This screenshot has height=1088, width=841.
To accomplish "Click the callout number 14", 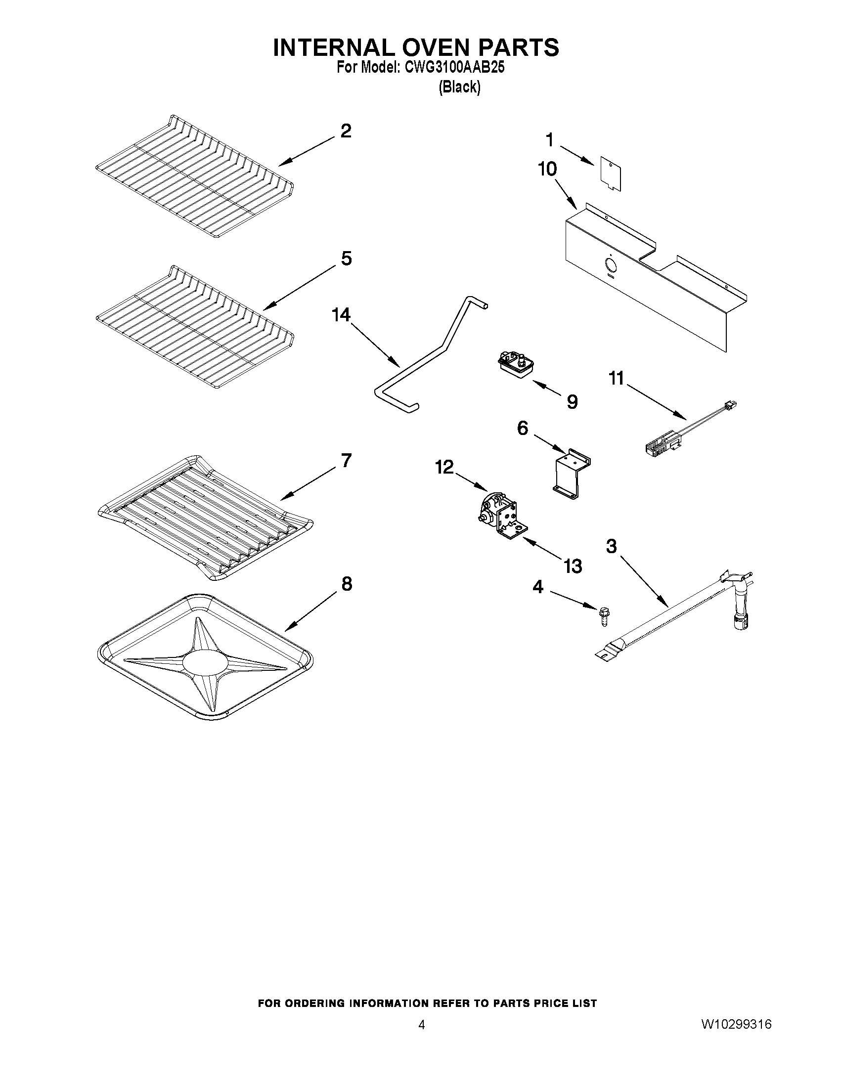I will [341, 315].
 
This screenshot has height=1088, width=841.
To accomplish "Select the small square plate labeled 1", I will [610, 174].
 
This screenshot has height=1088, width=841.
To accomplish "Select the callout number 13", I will [573, 566].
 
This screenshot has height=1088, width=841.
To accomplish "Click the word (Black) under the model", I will [459, 87].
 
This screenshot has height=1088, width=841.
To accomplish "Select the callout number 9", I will [572, 401].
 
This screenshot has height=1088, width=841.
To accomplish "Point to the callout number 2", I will [346, 131].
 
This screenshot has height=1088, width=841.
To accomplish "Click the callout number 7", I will [346, 460].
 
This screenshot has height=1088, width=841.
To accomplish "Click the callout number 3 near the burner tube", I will [611, 547].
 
